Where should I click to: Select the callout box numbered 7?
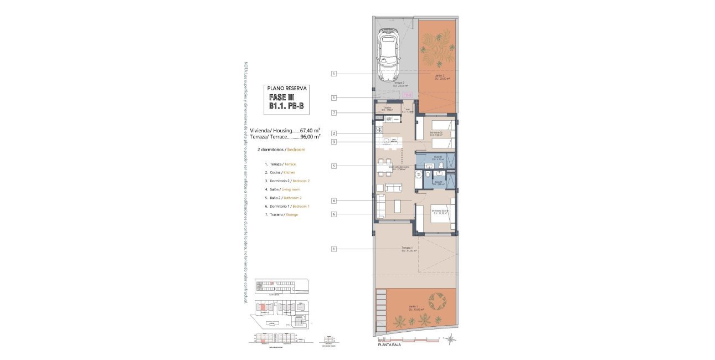[334, 114]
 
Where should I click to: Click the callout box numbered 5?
[334, 166]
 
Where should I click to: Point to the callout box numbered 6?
[334, 214]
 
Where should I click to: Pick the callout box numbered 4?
[334, 200]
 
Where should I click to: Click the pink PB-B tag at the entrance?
[407, 95]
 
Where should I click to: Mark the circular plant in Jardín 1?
[436, 301]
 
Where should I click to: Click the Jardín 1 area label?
[416, 309]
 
